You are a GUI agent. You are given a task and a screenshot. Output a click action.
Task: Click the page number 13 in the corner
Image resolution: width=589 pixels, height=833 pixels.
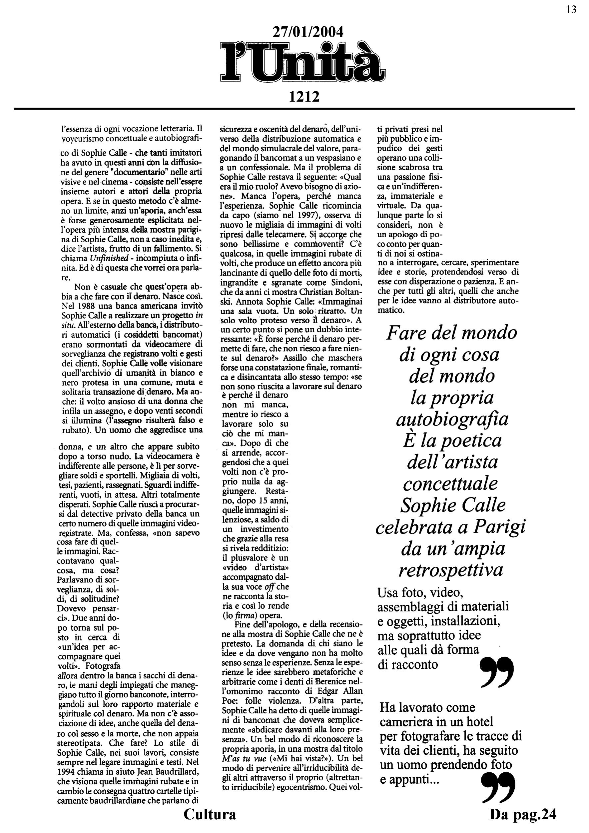click(571, 10)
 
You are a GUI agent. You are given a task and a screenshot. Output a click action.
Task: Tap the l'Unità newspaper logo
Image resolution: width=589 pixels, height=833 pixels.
click(303, 62)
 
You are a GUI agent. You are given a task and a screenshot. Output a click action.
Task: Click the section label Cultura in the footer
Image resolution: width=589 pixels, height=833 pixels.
click(210, 814)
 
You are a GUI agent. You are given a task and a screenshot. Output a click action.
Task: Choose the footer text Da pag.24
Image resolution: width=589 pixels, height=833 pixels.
click(523, 814)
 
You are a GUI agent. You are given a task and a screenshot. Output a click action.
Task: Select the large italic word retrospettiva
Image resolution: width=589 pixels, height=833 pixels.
click(451, 570)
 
